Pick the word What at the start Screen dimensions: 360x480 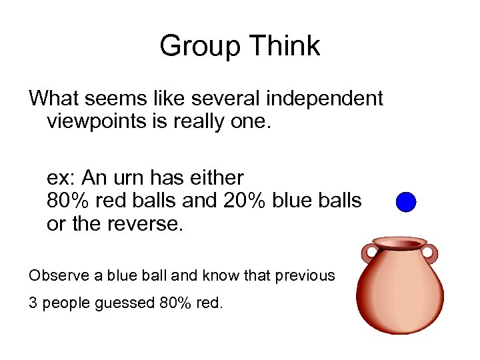click(x=54, y=99)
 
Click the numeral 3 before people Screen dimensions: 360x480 click(x=33, y=303)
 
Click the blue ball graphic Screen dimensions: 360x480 click(x=405, y=202)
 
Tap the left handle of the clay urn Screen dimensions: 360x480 click(x=368, y=253)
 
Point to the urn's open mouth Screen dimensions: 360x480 click(x=399, y=241)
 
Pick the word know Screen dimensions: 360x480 click(x=227, y=275)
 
